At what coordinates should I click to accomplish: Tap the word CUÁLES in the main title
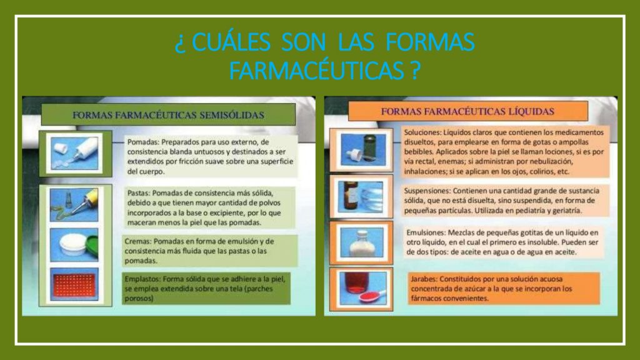(231, 42)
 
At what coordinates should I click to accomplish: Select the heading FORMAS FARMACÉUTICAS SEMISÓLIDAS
(168, 115)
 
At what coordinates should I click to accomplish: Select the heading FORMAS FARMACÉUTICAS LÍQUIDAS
(467, 111)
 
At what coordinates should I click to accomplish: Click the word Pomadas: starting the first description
(143, 142)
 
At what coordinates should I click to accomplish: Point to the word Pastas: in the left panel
(139, 193)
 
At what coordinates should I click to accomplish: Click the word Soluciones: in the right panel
(423, 132)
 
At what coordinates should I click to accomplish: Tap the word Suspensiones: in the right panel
(427, 191)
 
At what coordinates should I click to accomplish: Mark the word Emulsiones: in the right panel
(425, 232)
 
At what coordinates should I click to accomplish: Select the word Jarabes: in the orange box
(424, 279)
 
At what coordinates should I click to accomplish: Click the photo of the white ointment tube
(74, 153)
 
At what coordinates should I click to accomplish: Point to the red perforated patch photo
(74, 284)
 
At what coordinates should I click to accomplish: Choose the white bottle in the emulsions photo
(362, 244)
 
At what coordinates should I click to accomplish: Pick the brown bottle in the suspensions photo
(351, 196)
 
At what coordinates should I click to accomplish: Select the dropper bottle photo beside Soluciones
(363, 150)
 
